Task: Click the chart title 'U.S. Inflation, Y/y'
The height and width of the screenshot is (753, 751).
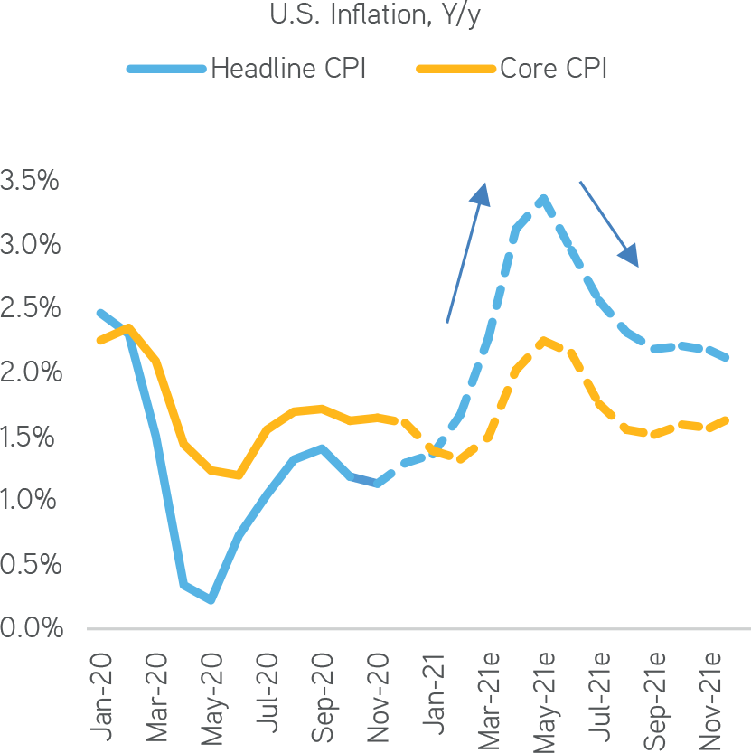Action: pyautogui.click(x=374, y=15)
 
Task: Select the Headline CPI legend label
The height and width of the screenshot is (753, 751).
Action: pyautogui.click(x=288, y=69)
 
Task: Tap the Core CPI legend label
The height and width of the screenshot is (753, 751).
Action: pyautogui.click(x=553, y=69)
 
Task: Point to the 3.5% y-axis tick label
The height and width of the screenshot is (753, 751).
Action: pyautogui.click(x=30, y=181)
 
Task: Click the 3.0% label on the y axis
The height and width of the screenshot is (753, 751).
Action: pyautogui.click(x=30, y=245)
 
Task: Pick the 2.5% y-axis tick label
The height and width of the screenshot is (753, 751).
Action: pyautogui.click(x=30, y=309)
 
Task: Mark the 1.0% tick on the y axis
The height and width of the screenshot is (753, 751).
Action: pyautogui.click(x=30, y=500)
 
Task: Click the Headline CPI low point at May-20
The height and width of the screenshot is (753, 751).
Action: pyautogui.click(x=211, y=599)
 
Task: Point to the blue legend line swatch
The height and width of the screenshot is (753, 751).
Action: pyautogui.click(x=166, y=69)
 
